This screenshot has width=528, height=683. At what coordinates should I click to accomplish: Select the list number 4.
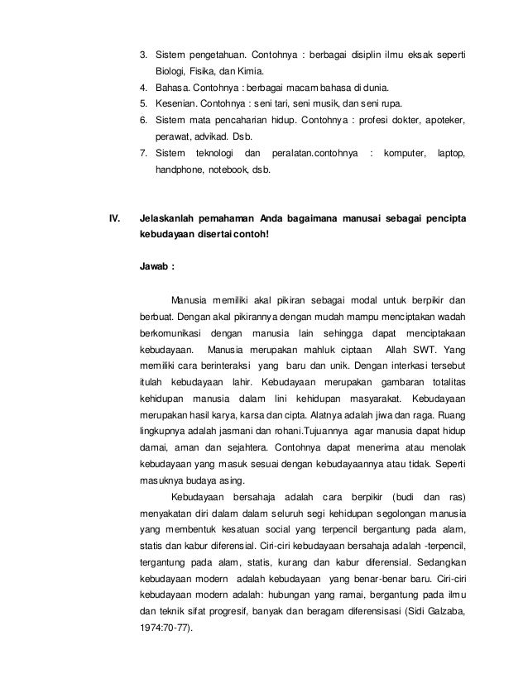pyautogui.click(x=143, y=87)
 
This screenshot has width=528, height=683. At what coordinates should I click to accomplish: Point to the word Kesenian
pyautogui.click(x=176, y=103)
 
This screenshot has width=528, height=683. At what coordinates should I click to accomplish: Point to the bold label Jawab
pyautogui.click(x=156, y=266)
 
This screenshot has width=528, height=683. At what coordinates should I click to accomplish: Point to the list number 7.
pyautogui.click(x=143, y=154)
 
